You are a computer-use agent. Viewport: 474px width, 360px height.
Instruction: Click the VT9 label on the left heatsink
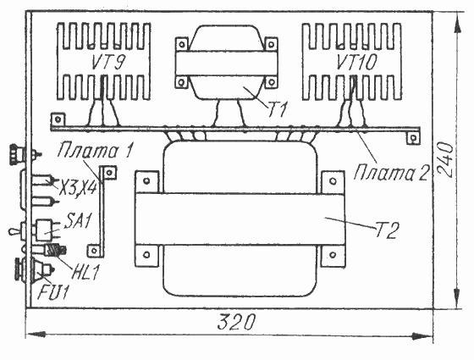point(108,63)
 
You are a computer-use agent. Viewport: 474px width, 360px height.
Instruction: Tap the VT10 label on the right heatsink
point(356,63)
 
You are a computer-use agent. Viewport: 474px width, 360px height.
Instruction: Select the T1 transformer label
point(278,109)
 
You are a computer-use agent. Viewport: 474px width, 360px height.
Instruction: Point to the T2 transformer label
point(387,230)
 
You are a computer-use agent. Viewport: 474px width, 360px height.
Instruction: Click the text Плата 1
point(95,151)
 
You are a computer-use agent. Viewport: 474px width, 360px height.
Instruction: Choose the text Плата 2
point(391,173)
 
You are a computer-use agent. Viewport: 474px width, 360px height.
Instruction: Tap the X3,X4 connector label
point(78,187)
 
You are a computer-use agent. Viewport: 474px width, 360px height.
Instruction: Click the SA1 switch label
point(77,221)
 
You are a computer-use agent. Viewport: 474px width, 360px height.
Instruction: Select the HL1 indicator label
point(85,272)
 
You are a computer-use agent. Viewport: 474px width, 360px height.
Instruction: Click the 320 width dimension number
point(236,322)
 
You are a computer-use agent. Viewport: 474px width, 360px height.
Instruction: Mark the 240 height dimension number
point(445,159)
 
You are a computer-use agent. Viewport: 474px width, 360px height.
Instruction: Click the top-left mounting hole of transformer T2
point(146,181)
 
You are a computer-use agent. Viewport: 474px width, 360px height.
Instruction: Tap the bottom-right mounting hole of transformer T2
point(333,255)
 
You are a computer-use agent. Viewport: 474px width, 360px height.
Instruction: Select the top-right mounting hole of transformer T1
point(271,45)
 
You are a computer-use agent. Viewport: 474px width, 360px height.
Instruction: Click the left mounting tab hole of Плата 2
point(58,119)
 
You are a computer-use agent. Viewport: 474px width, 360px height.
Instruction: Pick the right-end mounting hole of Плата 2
point(413,138)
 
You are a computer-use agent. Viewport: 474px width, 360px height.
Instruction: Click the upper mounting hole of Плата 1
point(109,173)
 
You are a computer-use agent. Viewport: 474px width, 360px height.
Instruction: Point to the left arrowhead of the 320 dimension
point(36,335)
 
